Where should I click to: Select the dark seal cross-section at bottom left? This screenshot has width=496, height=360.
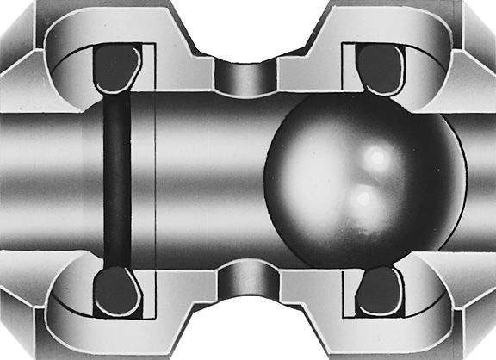[x=117, y=293]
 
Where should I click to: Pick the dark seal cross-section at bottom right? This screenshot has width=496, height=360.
[x=379, y=294]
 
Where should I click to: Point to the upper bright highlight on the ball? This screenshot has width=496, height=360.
[x=375, y=158]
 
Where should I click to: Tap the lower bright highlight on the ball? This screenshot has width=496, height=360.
[x=364, y=199]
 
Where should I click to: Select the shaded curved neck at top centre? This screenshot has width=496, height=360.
[x=247, y=79]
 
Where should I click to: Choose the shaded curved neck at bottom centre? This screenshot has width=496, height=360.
[x=247, y=281]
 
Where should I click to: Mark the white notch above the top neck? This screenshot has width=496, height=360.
[x=247, y=30]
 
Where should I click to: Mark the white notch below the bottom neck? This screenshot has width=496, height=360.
[x=247, y=332]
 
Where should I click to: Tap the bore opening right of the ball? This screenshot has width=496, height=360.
[x=478, y=181]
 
